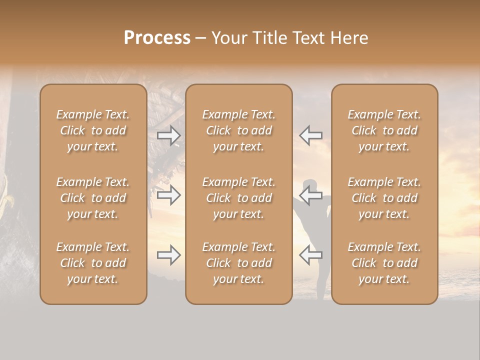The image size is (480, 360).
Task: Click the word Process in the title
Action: [x=157, y=38]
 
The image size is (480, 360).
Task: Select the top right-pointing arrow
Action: [x=169, y=135]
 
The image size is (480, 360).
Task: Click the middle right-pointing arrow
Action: [x=169, y=195]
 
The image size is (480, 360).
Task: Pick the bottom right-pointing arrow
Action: [x=169, y=255]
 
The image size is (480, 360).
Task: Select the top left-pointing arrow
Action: [x=310, y=135]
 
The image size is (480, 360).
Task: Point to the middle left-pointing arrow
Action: [x=310, y=195]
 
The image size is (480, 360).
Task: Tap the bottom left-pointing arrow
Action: [x=310, y=255]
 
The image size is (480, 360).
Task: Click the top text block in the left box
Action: [x=93, y=130]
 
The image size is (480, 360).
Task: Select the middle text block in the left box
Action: [x=93, y=198]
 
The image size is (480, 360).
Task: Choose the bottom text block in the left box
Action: [x=93, y=263]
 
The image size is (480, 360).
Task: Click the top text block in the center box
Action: [x=239, y=130]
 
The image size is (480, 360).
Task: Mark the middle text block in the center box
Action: [x=239, y=198]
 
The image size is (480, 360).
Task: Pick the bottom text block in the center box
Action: [x=239, y=263]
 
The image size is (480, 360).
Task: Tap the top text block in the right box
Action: [x=384, y=130]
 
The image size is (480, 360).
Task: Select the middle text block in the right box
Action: [x=384, y=198]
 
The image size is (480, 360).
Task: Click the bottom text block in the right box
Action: [x=384, y=263]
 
